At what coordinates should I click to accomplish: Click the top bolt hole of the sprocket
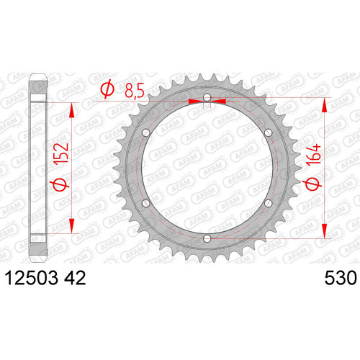pyautogui.click(x=207, y=97)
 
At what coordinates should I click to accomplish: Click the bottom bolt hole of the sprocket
pyautogui.click(x=207, y=238)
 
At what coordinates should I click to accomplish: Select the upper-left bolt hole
pyautogui.click(x=146, y=132)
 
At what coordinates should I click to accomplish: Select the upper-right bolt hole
pyautogui.click(x=268, y=132)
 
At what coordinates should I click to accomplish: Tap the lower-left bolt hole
pyautogui.click(x=146, y=204)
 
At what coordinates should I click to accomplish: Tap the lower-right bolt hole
pyautogui.click(x=268, y=204)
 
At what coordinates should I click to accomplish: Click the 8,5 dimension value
pyautogui.click(x=135, y=91)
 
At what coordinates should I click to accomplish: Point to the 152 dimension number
pyautogui.click(x=60, y=154)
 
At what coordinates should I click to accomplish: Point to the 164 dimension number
pyautogui.click(x=313, y=155)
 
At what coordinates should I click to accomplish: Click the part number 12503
pyautogui.click(x=32, y=278)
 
